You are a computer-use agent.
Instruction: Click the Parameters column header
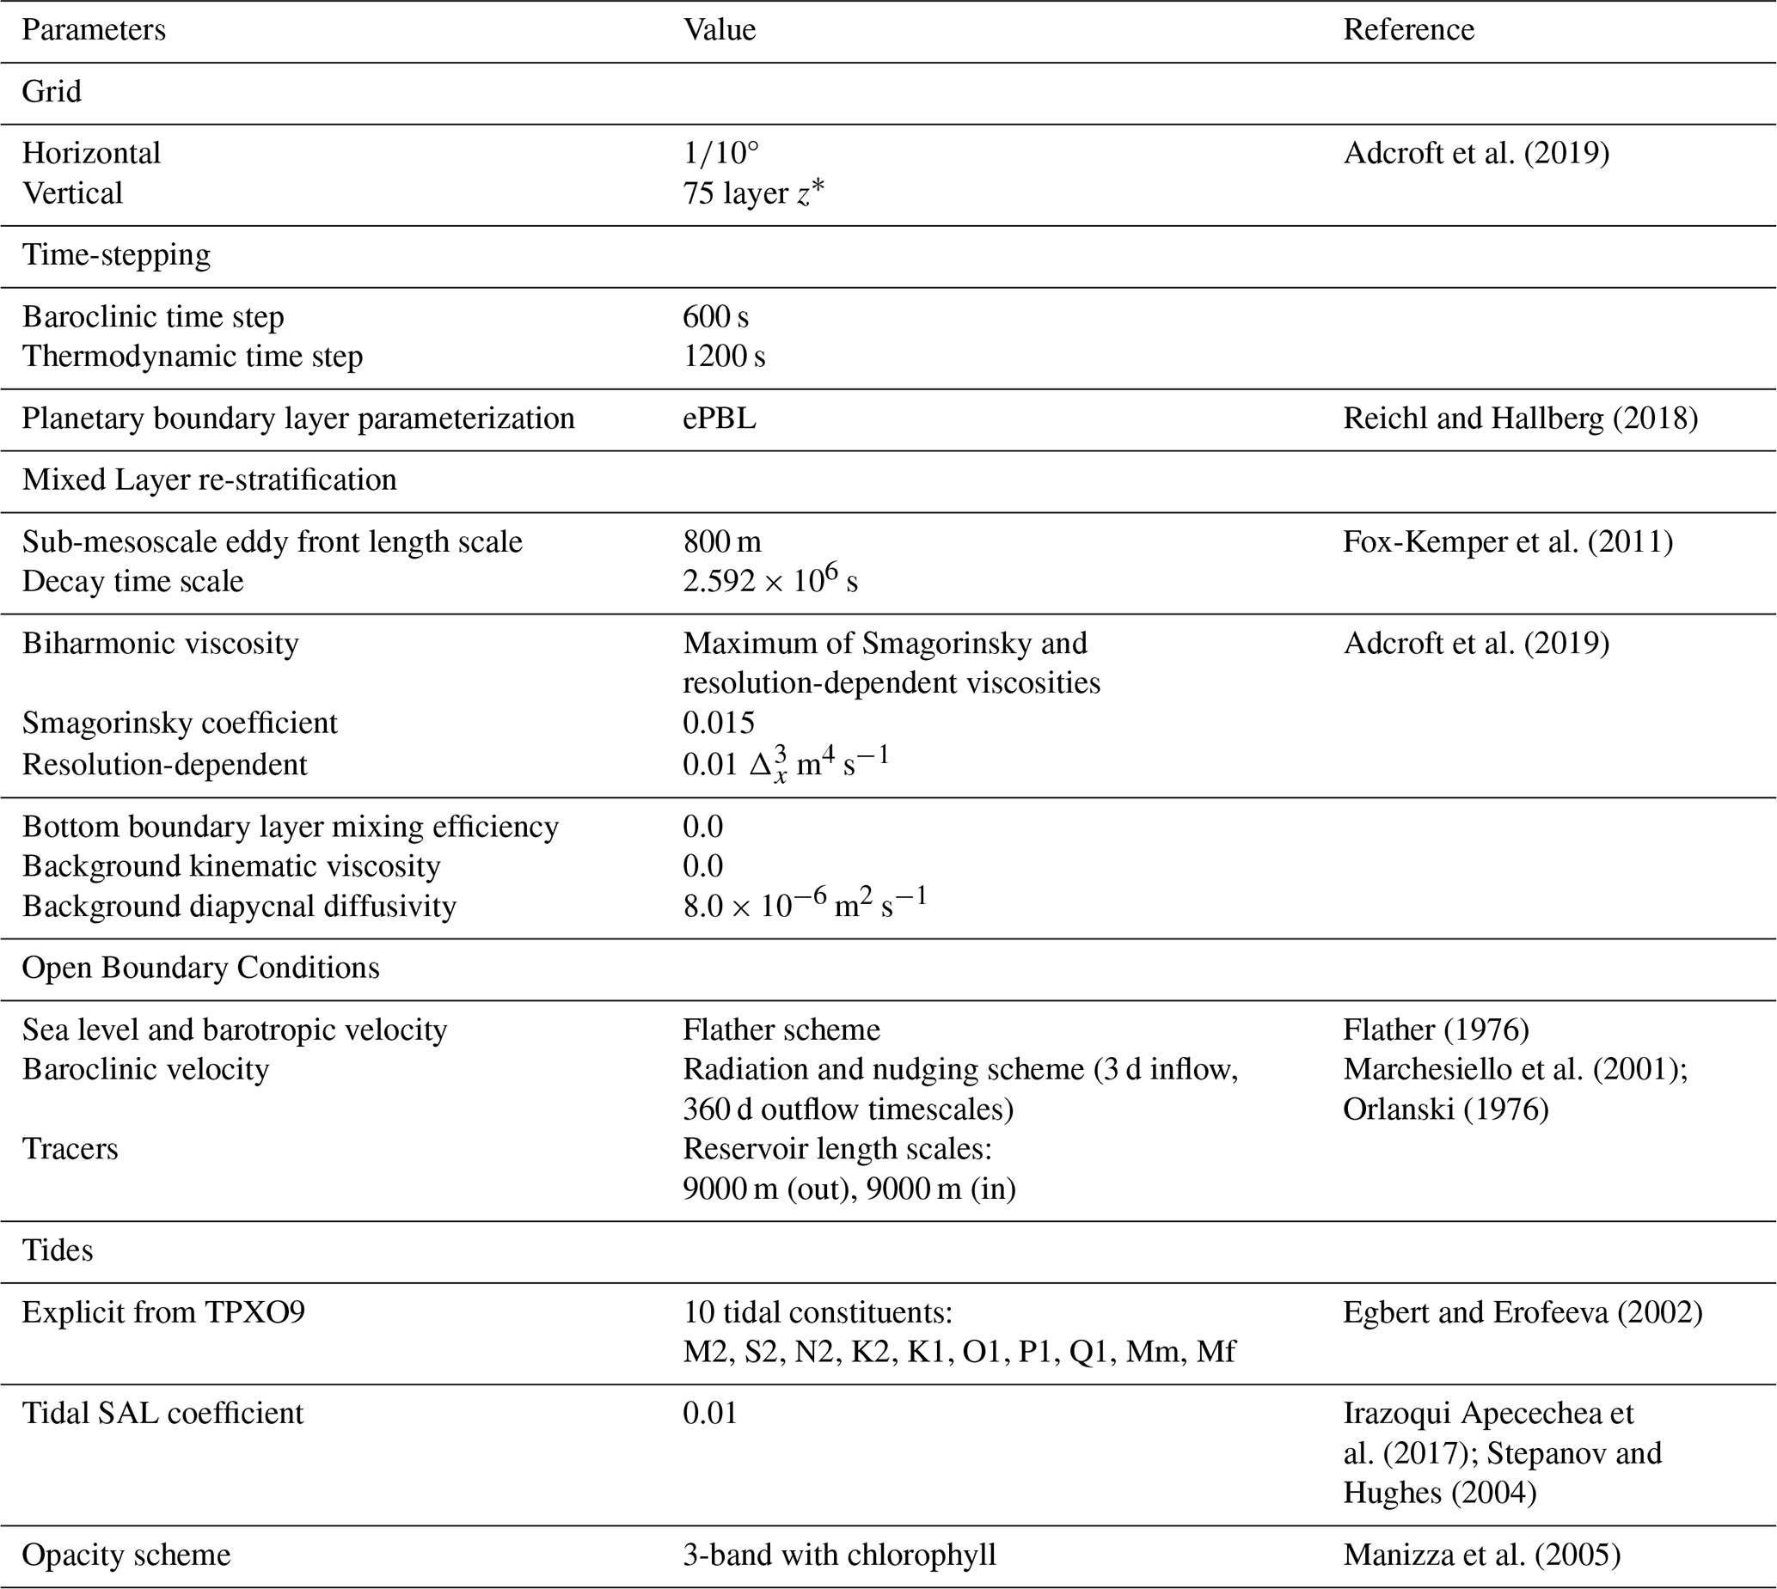point(94,31)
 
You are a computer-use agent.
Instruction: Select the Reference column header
point(1407,31)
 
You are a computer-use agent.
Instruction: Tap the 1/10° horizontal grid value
point(720,154)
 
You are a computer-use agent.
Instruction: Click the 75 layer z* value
point(753,193)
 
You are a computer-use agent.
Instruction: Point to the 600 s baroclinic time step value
point(715,317)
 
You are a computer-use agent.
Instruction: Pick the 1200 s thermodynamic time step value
point(723,357)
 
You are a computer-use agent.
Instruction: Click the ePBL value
point(719,419)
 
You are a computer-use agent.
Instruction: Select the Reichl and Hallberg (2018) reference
point(1520,419)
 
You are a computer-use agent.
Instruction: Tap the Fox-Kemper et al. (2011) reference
point(1507,542)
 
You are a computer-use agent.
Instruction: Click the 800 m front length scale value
point(721,542)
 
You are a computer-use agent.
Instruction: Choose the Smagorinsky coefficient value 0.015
point(718,723)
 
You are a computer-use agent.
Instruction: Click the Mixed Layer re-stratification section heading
point(209,480)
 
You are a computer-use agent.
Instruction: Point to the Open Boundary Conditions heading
point(200,969)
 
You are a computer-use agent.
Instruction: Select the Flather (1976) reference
point(1436,1030)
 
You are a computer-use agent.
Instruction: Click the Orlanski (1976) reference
point(1445,1109)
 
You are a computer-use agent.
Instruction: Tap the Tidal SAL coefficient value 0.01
point(709,1414)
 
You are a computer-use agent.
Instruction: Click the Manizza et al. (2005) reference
point(1481,1555)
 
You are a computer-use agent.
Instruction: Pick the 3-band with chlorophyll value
point(838,1555)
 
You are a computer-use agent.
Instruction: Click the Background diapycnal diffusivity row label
point(238,907)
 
